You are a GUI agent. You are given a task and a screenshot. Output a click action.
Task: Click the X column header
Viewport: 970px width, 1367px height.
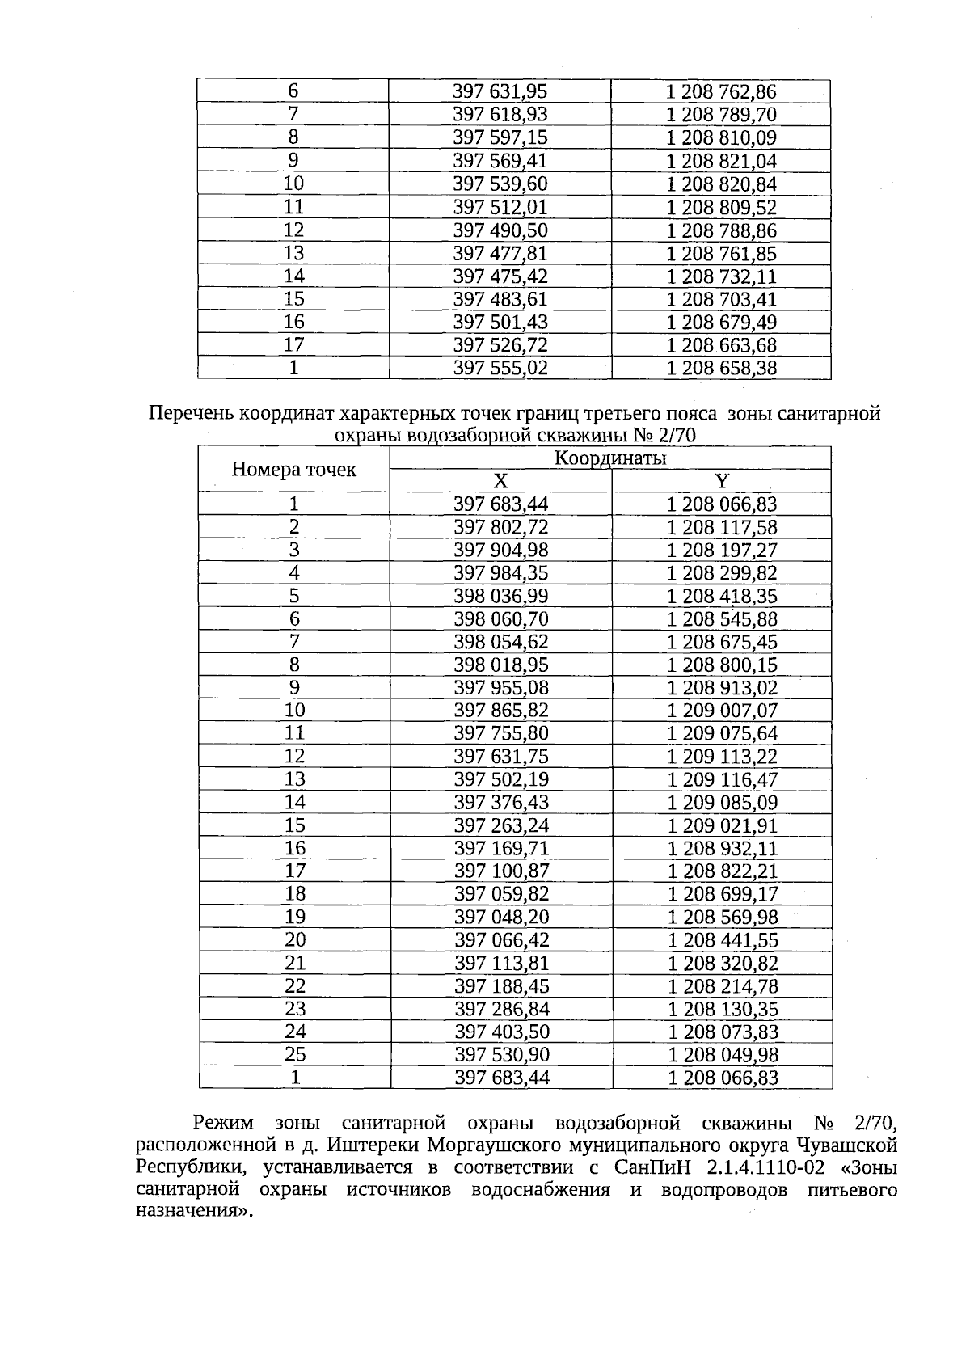click(501, 481)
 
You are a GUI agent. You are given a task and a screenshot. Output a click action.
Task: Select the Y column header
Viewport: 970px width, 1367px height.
click(722, 481)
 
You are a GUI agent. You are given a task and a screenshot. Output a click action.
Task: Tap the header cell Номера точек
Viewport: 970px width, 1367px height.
click(293, 470)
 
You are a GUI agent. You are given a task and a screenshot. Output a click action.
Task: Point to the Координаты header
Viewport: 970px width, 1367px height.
click(610, 458)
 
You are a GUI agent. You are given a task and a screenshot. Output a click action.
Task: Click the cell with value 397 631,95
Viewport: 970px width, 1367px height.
click(500, 91)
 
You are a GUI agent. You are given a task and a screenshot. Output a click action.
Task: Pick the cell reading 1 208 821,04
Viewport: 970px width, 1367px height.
click(721, 161)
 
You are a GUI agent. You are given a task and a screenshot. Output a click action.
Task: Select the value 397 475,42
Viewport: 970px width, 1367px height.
click(500, 276)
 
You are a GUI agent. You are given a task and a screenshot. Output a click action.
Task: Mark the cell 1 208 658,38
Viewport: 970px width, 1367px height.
click(721, 369)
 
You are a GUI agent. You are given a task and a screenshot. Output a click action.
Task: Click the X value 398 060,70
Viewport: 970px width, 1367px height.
click(501, 619)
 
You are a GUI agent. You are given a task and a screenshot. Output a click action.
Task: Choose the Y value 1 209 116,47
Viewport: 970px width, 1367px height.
click(722, 780)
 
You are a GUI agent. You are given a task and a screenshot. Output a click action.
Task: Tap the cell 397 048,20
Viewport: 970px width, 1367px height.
click(501, 918)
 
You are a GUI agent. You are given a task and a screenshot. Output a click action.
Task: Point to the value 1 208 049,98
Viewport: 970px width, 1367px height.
click(722, 1055)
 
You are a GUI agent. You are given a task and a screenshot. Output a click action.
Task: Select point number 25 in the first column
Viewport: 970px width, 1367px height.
click(295, 1054)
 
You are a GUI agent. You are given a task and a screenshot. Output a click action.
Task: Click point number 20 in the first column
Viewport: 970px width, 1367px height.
click(295, 939)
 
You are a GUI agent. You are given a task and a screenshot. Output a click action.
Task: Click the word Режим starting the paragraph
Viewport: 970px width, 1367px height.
click(223, 1123)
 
